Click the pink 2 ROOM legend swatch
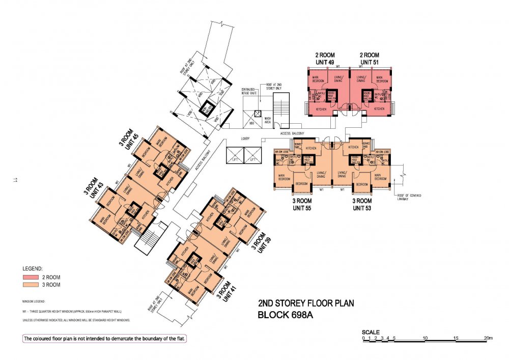pos(31,278)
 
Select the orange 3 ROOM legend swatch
pos(31,285)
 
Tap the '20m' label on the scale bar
pos(489,338)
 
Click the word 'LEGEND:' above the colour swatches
pos(33,268)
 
